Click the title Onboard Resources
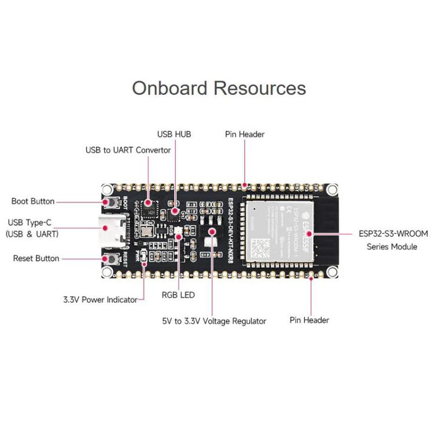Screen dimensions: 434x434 [219, 88]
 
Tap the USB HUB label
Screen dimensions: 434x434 [174, 134]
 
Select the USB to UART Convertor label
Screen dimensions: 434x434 [128, 150]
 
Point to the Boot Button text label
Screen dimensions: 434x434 [33, 201]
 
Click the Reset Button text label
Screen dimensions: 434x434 [36, 258]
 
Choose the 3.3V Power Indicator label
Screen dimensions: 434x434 [100, 300]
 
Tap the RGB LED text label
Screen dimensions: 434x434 [178, 295]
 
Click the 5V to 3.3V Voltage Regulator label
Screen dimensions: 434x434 [214, 321]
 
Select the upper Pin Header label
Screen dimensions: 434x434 [245, 134]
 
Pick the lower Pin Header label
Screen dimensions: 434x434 [310, 320]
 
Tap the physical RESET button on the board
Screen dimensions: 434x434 [108, 259]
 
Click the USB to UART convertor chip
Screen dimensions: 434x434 [149, 205]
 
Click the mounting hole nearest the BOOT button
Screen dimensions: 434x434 [106, 189]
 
